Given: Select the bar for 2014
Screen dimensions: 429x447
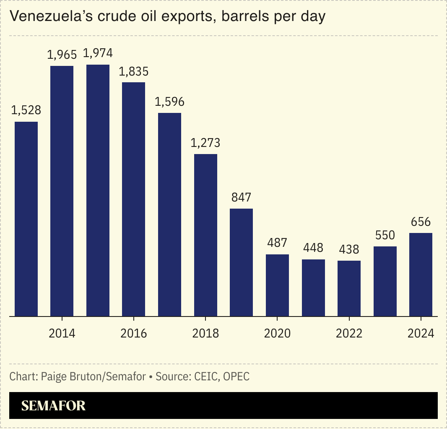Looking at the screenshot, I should click(x=62, y=191).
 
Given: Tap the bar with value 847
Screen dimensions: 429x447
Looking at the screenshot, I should click(x=241, y=262).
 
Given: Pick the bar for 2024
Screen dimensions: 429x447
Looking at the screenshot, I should click(x=421, y=275).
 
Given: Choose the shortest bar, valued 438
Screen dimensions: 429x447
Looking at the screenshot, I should click(x=349, y=288).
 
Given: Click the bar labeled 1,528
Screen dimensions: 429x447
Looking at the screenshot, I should click(x=26, y=219).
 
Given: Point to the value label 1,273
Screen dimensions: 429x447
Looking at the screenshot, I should click(x=205, y=143).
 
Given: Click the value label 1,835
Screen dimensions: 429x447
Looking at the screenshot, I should click(x=133, y=71).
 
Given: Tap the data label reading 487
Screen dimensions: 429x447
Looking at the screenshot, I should click(x=277, y=243).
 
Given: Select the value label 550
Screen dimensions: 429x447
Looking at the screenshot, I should click(x=385, y=235).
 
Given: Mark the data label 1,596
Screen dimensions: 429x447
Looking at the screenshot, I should click(x=169, y=102).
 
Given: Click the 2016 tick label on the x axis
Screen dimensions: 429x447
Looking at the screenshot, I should click(x=133, y=333).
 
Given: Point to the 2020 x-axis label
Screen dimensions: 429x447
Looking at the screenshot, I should click(x=277, y=333).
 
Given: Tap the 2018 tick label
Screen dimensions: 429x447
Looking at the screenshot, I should click(x=205, y=333).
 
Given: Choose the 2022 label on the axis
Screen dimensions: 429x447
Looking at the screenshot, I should click(x=349, y=333).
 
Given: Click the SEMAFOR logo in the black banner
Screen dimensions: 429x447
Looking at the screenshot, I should click(x=53, y=405).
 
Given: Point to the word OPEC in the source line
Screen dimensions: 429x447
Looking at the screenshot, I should click(x=236, y=377).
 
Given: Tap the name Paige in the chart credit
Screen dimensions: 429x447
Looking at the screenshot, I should click(x=53, y=377).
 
